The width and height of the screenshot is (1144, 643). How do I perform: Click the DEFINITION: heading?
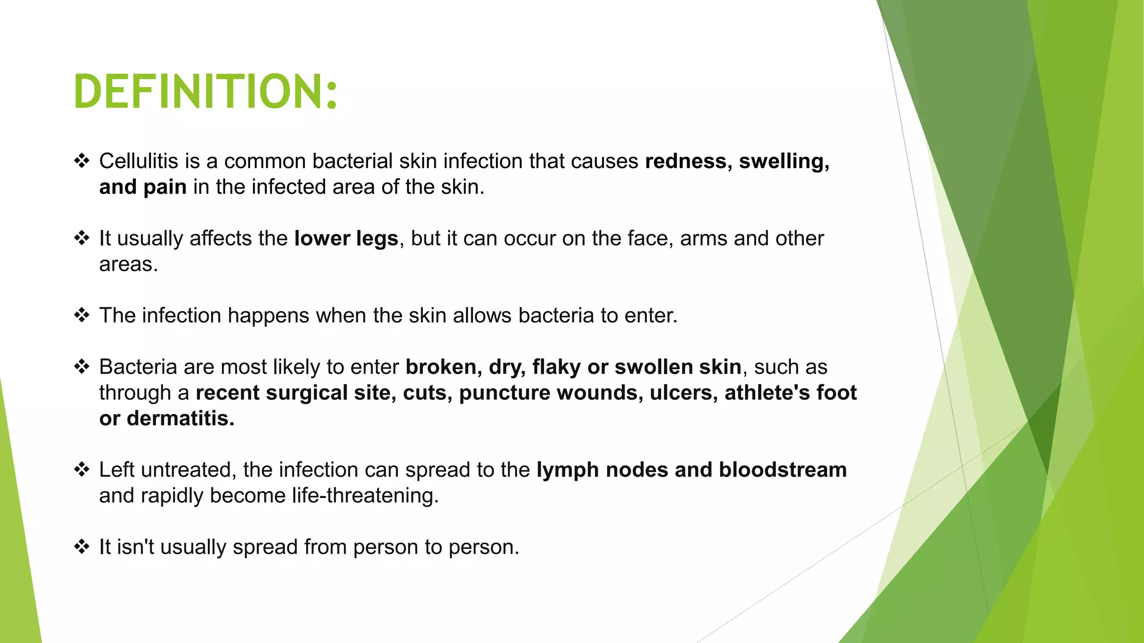(206, 92)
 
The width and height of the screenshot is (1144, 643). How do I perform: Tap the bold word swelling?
(784, 161)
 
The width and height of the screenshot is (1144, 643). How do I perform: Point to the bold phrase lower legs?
(346, 239)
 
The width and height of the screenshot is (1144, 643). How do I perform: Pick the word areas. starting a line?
(128, 265)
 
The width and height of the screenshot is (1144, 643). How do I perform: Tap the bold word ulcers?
(683, 393)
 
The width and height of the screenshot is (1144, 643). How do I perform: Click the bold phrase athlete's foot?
(790, 393)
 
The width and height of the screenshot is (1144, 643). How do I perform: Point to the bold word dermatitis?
(180, 419)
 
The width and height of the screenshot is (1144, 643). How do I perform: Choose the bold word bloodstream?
(783, 470)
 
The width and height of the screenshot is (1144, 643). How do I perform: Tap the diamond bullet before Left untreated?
(82, 469)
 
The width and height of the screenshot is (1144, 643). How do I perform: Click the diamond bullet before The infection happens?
(82, 315)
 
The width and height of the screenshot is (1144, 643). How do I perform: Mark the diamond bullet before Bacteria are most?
(82, 367)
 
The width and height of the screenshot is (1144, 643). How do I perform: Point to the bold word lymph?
(568, 470)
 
